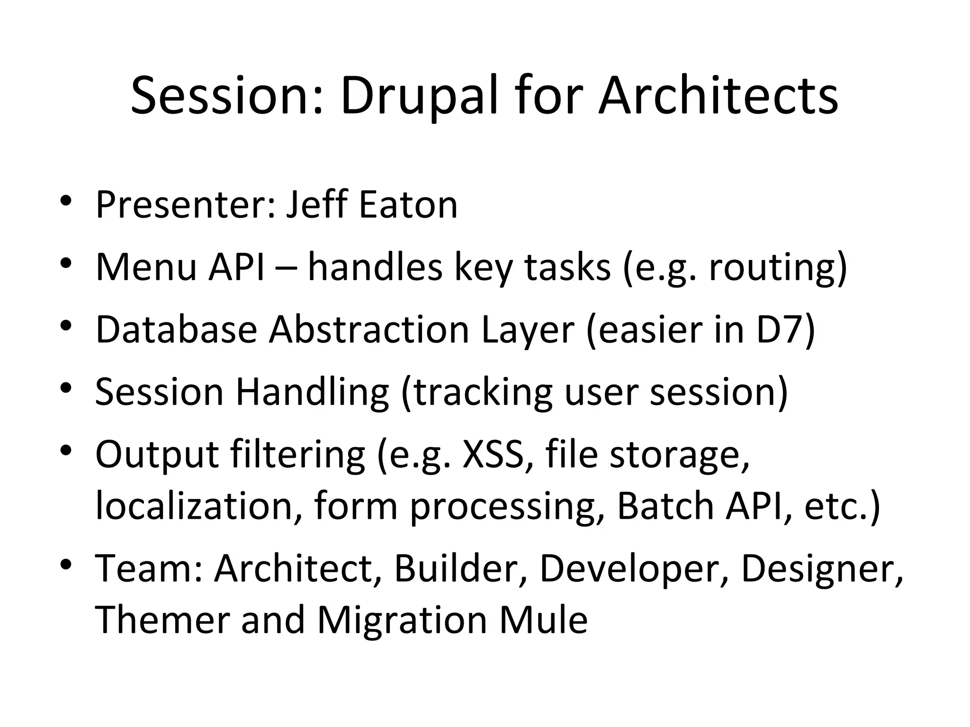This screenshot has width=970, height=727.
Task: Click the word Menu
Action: click(146, 267)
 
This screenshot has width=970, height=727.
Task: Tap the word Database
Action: click(176, 329)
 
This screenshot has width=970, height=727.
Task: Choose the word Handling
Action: click(312, 392)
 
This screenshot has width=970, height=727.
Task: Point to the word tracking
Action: click(482, 392)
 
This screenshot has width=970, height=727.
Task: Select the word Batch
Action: click(665, 506)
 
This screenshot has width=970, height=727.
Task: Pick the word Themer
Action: click(162, 620)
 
